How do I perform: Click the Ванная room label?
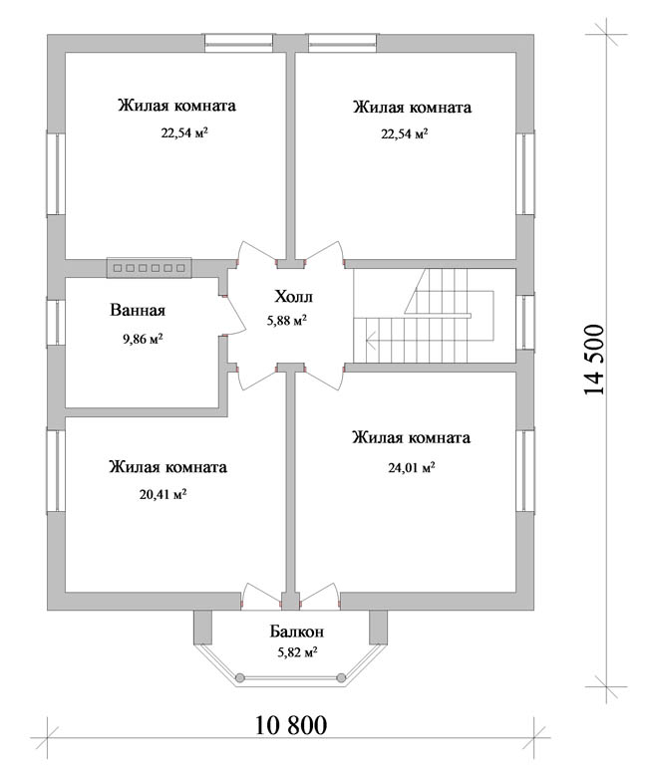(x=138, y=311)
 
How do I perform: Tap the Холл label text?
(x=293, y=297)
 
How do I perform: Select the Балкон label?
(x=296, y=632)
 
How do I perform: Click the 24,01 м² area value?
(x=412, y=468)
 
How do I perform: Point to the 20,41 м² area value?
(x=163, y=494)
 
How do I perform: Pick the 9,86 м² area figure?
(x=143, y=339)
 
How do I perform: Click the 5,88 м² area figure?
(x=287, y=321)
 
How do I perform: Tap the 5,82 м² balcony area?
(x=297, y=651)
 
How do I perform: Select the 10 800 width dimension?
(x=291, y=725)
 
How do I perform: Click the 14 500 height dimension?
(x=594, y=360)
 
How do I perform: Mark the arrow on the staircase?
(x=371, y=338)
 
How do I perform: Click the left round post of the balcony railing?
(x=239, y=677)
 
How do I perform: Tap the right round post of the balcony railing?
(x=341, y=677)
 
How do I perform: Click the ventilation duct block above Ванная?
(x=150, y=268)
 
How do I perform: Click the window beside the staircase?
(x=525, y=322)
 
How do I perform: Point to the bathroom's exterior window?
(x=56, y=323)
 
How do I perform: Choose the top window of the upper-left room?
(x=239, y=43)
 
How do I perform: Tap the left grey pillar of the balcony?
(x=203, y=628)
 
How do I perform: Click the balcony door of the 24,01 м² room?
(x=320, y=597)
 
